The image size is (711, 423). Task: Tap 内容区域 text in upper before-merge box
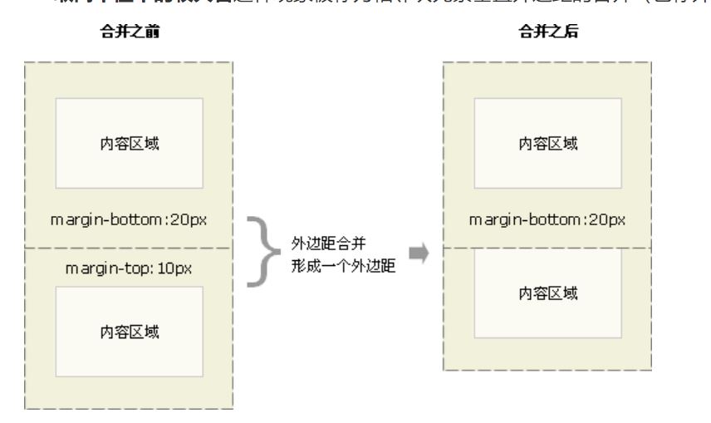[129, 143]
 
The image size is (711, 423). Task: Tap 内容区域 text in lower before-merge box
[129, 332]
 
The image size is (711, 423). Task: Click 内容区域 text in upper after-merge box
[548, 143]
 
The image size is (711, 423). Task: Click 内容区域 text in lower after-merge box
[548, 293]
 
